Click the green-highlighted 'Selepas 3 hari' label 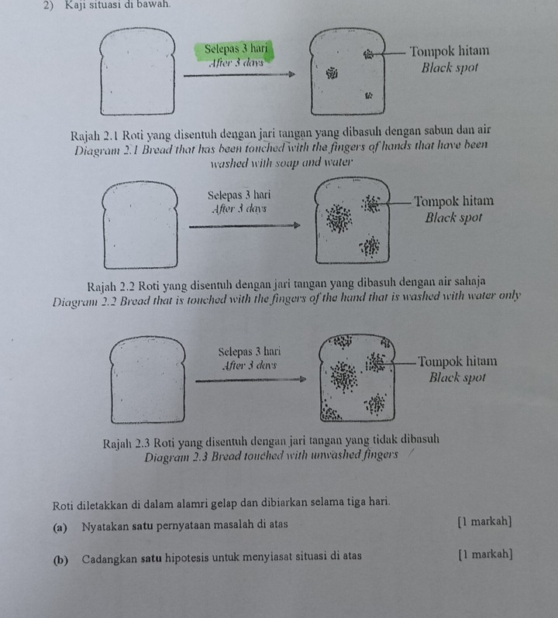(x=236, y=49)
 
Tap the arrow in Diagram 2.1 (x=239, y=74)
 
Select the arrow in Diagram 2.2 (x=244, y=226)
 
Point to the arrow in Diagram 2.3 (x=251, y=379)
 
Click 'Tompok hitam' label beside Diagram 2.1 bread (x=449, y=51)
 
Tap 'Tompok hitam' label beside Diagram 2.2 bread (x=454, y=201)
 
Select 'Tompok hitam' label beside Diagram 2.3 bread (x=457, y=362)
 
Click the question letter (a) (x=60, y=527)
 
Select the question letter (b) (x=60, y=559)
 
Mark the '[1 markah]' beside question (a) (x=484, y=522)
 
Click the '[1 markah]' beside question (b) (x=486, y=554)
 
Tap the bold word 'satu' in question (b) (x=151, y=558)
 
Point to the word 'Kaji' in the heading (x=75, y=5)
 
